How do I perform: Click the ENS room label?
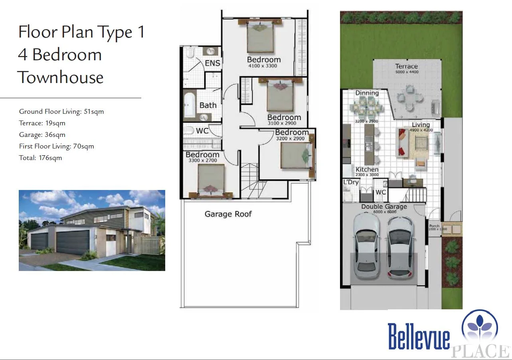click(x=212, y=63)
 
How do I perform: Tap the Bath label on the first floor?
click(x=208, y=105)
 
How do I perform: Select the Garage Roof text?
click(x=228, y=214)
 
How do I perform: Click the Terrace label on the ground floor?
click(x=406, y=66)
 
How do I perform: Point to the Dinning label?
click(x=367, y=93)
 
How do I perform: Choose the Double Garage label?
click(x=384, y=207)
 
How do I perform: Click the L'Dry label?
click(x=351, y=182)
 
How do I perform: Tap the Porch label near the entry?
click(x=434, y=226)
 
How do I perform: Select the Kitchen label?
click(x=367, y=169)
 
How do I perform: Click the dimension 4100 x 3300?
click(x=262, y=66)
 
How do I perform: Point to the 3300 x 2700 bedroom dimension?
click(x=202, y=160)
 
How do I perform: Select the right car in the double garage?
click(x=400, y=246)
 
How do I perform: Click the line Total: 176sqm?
click(x=41, y=158)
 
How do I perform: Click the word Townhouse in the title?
click(x=61, y=77)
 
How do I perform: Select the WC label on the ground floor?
click(x=381, y=192)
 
